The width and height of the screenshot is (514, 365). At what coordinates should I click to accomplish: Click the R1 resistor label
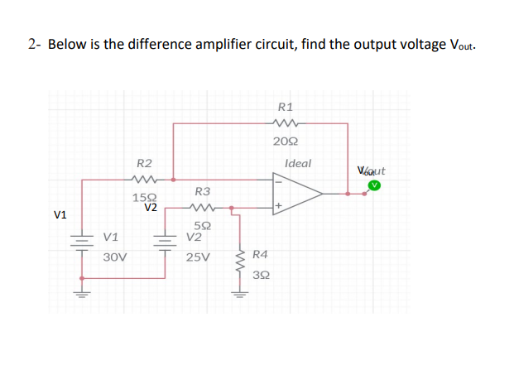[x=286, y=106]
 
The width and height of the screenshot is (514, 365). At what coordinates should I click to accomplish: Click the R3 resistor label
[x=202, y=191]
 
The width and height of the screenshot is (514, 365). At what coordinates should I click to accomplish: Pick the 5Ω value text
[x=201, y=225]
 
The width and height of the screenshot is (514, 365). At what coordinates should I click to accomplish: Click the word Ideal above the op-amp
[x=297, y=163]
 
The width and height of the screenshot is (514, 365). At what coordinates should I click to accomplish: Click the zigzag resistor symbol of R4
[x=241, y=263]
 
